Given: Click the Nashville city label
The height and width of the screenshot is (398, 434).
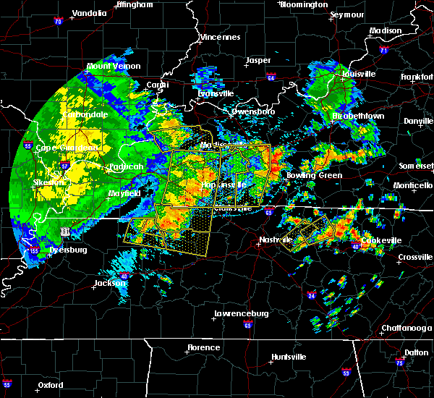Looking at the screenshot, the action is (x=276, y=240).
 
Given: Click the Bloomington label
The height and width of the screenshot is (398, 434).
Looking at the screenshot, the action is (x=305, y=4).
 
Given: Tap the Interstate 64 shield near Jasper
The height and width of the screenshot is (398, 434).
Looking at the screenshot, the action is (x=271, y=76).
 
